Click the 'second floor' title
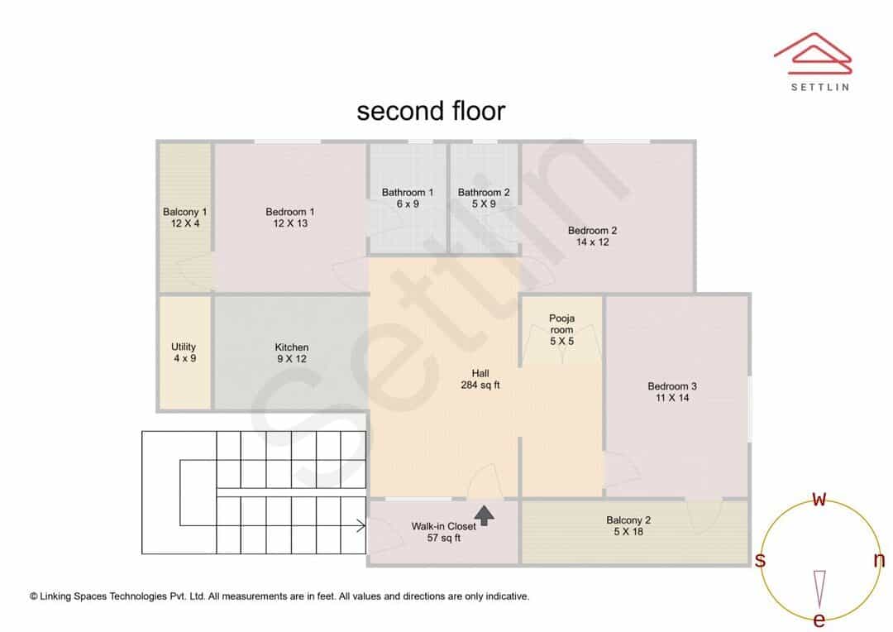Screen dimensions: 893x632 [431, 111]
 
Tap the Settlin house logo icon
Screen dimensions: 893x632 [813, 54]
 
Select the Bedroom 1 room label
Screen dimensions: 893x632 [290, 217]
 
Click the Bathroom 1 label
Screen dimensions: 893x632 [407, 198]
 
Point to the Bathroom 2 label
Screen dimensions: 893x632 [484, 198]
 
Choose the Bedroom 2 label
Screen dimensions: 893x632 [592, 236]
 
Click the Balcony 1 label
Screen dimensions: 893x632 [184, 217]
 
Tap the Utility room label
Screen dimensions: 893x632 [184, 352]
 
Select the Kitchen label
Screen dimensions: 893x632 [292, 352]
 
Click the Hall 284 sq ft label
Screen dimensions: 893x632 [480, 379]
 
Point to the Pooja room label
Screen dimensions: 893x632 [561, 329]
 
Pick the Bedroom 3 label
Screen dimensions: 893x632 [672, 391]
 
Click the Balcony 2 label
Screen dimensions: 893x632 [628, 525]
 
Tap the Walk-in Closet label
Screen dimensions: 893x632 [444, 532]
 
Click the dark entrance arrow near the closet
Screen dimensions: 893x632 [484, 515]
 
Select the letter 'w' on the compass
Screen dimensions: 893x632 [819, 499]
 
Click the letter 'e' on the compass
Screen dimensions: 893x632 [819, 619]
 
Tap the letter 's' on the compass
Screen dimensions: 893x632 [760, 560]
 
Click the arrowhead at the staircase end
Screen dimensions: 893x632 [361, 525]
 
